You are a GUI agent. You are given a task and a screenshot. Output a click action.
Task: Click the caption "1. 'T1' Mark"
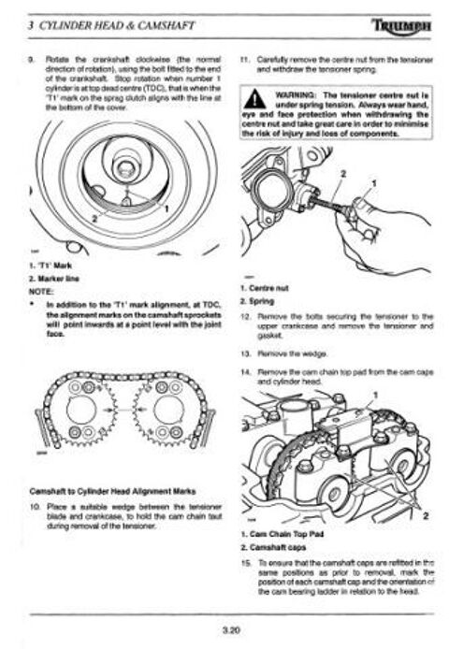pyautogui.click(x=43, y=268)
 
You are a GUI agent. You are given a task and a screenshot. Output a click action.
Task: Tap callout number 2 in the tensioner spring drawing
pyautogui.click(x=342, y=174)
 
